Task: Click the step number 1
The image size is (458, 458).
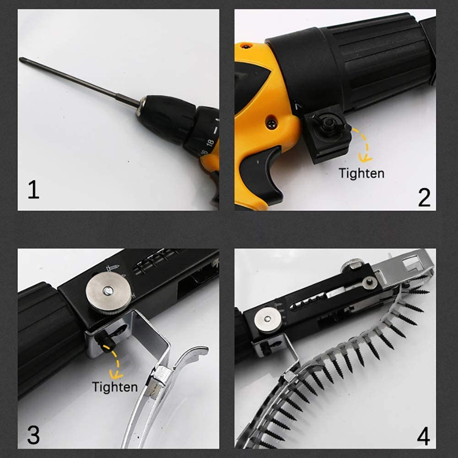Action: (33, 189)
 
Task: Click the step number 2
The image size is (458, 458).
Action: (424, 197)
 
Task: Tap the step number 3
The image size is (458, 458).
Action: (33, 435)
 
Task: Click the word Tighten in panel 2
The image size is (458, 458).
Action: (361, 173)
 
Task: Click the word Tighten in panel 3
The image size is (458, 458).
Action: (115, 387)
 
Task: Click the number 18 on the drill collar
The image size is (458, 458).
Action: (210, 143)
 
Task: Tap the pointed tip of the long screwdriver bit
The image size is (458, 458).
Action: (20, 59)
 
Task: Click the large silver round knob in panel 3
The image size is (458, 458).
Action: (108, 293)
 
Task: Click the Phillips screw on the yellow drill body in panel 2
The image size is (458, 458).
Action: (272, 124)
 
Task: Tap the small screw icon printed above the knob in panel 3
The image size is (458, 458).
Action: (112, 267)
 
